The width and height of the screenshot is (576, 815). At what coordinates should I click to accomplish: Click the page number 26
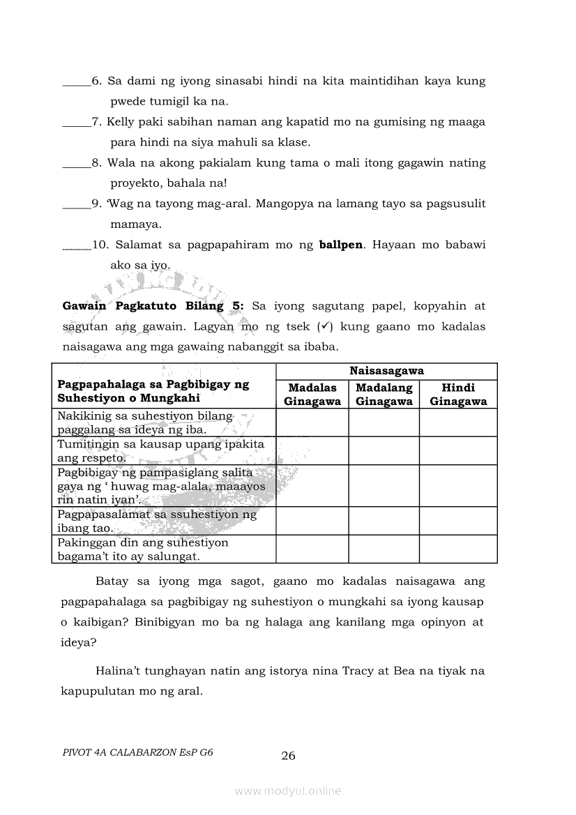coord(288,756)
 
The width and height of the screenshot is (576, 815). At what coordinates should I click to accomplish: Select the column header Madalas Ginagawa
coord(312,395)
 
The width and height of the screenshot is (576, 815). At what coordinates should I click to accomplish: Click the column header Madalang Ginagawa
coord(384,395)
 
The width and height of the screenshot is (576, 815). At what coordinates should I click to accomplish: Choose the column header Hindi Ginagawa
coord(458,395)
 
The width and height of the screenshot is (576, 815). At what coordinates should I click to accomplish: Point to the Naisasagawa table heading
coord(386,372)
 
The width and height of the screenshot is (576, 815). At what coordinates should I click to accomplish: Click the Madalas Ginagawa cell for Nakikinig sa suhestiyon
coord(312,422)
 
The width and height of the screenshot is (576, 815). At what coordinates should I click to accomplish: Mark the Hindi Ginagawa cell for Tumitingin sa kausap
coord(458,450)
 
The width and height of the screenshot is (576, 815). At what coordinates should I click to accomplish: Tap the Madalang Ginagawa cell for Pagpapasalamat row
coord(384,521)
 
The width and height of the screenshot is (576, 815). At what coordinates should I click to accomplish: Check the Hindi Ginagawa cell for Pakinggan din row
coord(458,549)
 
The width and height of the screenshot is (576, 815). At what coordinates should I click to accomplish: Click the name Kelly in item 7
coord(121,122)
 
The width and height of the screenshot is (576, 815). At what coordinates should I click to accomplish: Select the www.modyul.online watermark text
coord(288,791)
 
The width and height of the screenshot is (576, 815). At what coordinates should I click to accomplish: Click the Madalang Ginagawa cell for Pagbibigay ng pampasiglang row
coord(384,486)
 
